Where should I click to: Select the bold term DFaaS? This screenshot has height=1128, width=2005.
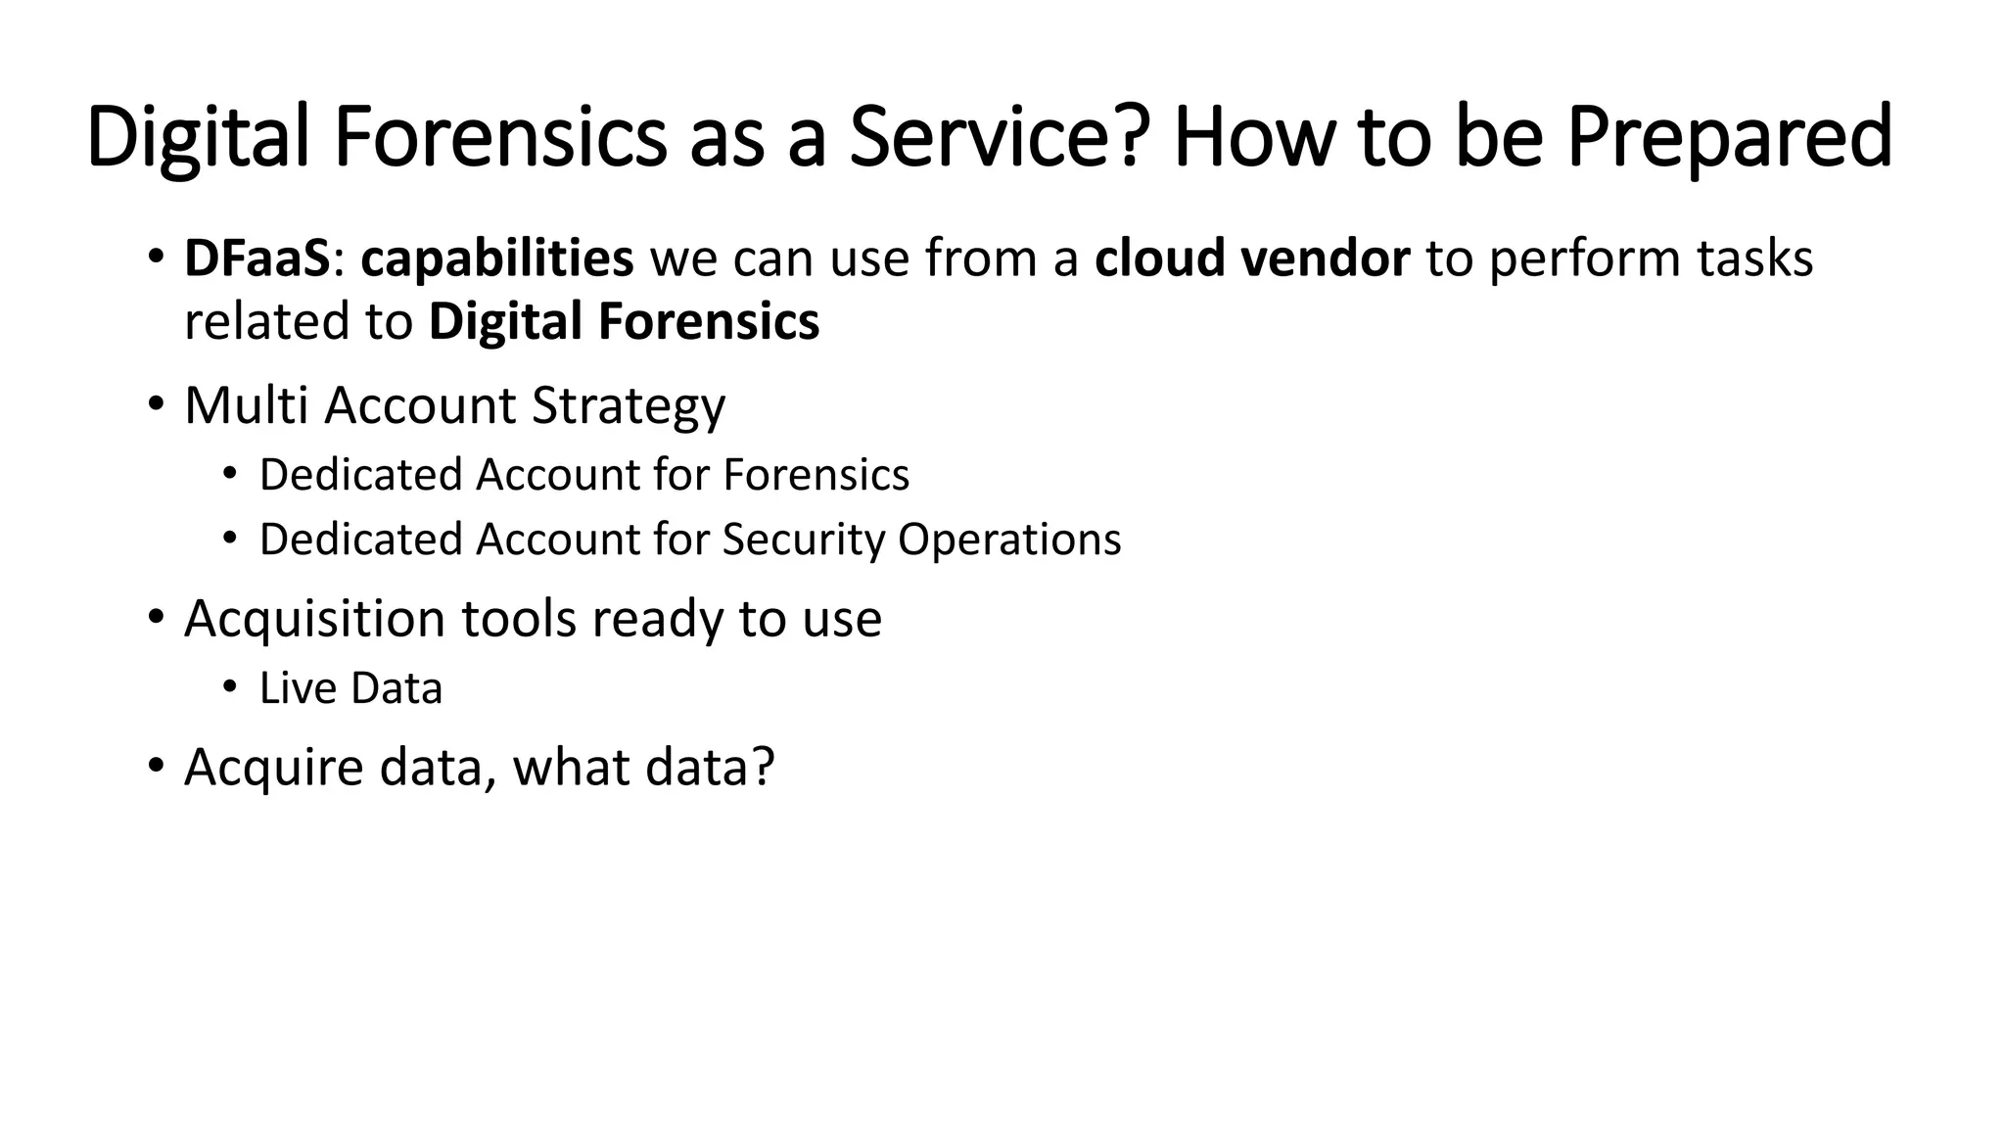tap(257, 258)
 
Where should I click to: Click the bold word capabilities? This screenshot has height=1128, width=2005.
tap(497, 260)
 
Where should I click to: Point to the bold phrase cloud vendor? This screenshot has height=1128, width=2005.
tap(1252, 258)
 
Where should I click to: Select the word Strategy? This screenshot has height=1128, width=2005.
tap(628, 406)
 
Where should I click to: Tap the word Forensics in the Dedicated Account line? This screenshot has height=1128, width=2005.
tap(816, 475)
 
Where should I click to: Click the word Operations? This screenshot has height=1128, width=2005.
tap(1009, 540)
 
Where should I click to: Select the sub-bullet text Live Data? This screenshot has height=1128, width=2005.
tap(350, 688)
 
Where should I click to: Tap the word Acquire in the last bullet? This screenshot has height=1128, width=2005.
tap(274, 768)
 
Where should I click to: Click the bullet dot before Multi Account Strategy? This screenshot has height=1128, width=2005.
tap(156, 404)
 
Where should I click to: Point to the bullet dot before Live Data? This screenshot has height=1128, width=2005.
tap(230, 687)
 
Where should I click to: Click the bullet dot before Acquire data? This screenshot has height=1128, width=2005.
tap(156, 765)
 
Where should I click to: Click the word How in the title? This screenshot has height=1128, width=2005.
tap(1255, 137)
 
